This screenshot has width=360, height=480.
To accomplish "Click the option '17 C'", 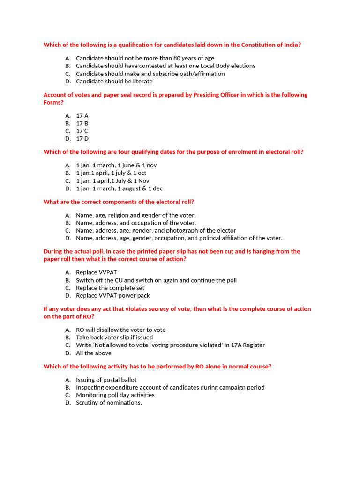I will (82, 131).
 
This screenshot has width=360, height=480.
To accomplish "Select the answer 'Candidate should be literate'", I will (114, 81).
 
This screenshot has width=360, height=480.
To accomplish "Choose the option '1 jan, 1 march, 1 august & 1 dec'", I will (119, 188).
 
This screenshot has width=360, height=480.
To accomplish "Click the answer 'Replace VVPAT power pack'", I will (113, 295).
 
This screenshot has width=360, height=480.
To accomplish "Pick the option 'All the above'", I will (94, 353).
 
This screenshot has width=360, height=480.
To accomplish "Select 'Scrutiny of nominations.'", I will (109, 402).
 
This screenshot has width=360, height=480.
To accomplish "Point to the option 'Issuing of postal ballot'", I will (106, 380).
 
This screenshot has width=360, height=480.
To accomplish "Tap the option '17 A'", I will (82, 115).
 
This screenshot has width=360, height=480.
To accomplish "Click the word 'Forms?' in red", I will (53, 102).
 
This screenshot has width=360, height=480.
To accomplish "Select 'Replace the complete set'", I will (110, 288).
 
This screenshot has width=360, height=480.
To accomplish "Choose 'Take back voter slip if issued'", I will (114, 337).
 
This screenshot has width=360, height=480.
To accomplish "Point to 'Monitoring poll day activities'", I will (115, 395).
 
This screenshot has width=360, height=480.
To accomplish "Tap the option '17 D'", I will (82, 138).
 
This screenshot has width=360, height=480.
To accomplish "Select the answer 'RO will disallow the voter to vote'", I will (121, 330).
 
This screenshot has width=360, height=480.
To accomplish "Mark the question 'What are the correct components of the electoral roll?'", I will (119, 202).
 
